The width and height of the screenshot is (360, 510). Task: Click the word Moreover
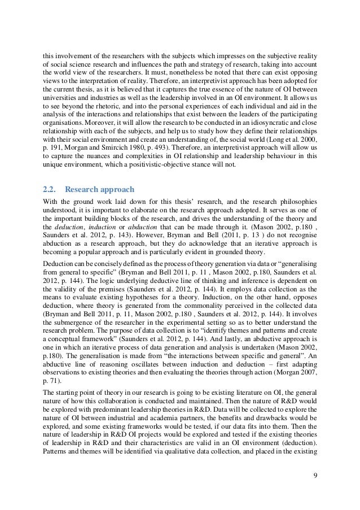coord(93,128)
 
